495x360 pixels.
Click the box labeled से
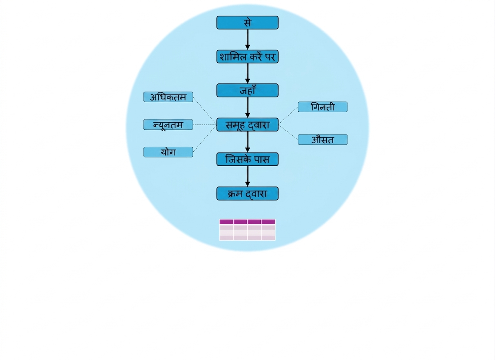pyautogui.click(x=247, y=22)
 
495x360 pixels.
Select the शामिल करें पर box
pyautogui.click(x=247, y=56)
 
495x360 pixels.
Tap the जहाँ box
pyautogui.click(x=247, y=90)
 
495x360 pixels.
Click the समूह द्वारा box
pyautogui.click(x=247, y=125)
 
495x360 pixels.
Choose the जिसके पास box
pyautogui.click(x=247, y=159)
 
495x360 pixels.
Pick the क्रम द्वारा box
pyautogui.click(x=247, y=194)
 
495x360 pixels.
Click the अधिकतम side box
pyautogui.click(x=168, y=97)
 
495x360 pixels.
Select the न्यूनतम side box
pyautogui.click(x=168, y=125)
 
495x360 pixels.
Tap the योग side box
pyautogui.click(x=168, y=152)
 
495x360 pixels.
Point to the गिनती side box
pyautogui.click(x=323, y=107)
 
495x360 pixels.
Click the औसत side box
pyautogui.click(x=323, y=139)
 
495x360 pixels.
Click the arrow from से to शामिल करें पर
pyautogui.click(x=248, y=40)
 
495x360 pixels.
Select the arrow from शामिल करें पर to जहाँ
pyautogui.click(x=248, y=73)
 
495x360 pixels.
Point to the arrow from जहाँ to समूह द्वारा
pyautogui.click(x=248, y=108)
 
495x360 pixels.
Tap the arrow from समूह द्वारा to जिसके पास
pyautogui.click(x=248, y=142)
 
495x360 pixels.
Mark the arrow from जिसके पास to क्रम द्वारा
pyautogui.click(x=248, y=176)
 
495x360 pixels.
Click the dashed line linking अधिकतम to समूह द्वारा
pyautogui.click(x=205, y=111)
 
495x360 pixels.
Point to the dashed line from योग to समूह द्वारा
pyautogui.click(x=205, y=138)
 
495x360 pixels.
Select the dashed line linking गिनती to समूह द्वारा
pyautogui.click(x=288, y=116)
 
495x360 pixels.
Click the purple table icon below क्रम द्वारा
pyautogui.click(x=247, y=230)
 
